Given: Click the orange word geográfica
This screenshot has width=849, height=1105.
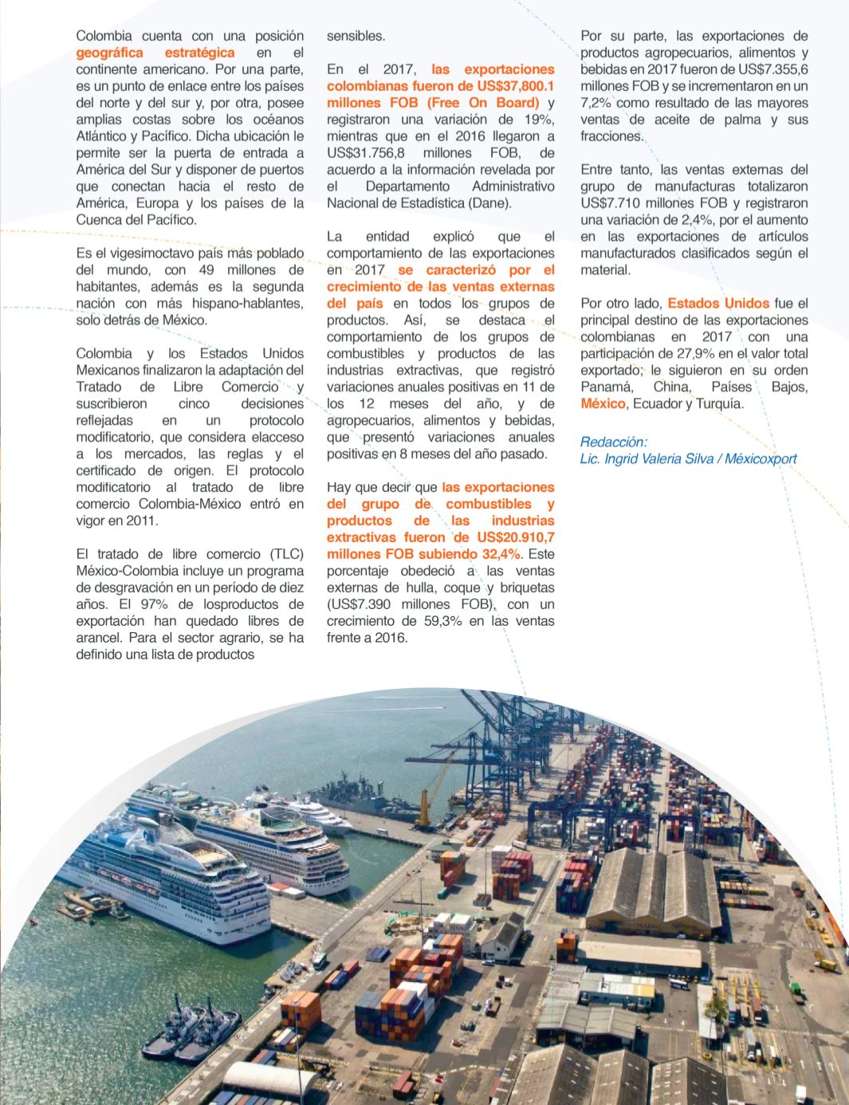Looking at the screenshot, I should coord(109,53).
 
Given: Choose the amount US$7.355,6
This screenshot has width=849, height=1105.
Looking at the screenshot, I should coord(765,69).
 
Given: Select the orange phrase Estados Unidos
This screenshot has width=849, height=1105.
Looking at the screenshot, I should coord(718,304).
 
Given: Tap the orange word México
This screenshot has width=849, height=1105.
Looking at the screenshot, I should coord(603,404).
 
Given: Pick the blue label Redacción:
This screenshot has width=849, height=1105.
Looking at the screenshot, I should coord(614,442).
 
